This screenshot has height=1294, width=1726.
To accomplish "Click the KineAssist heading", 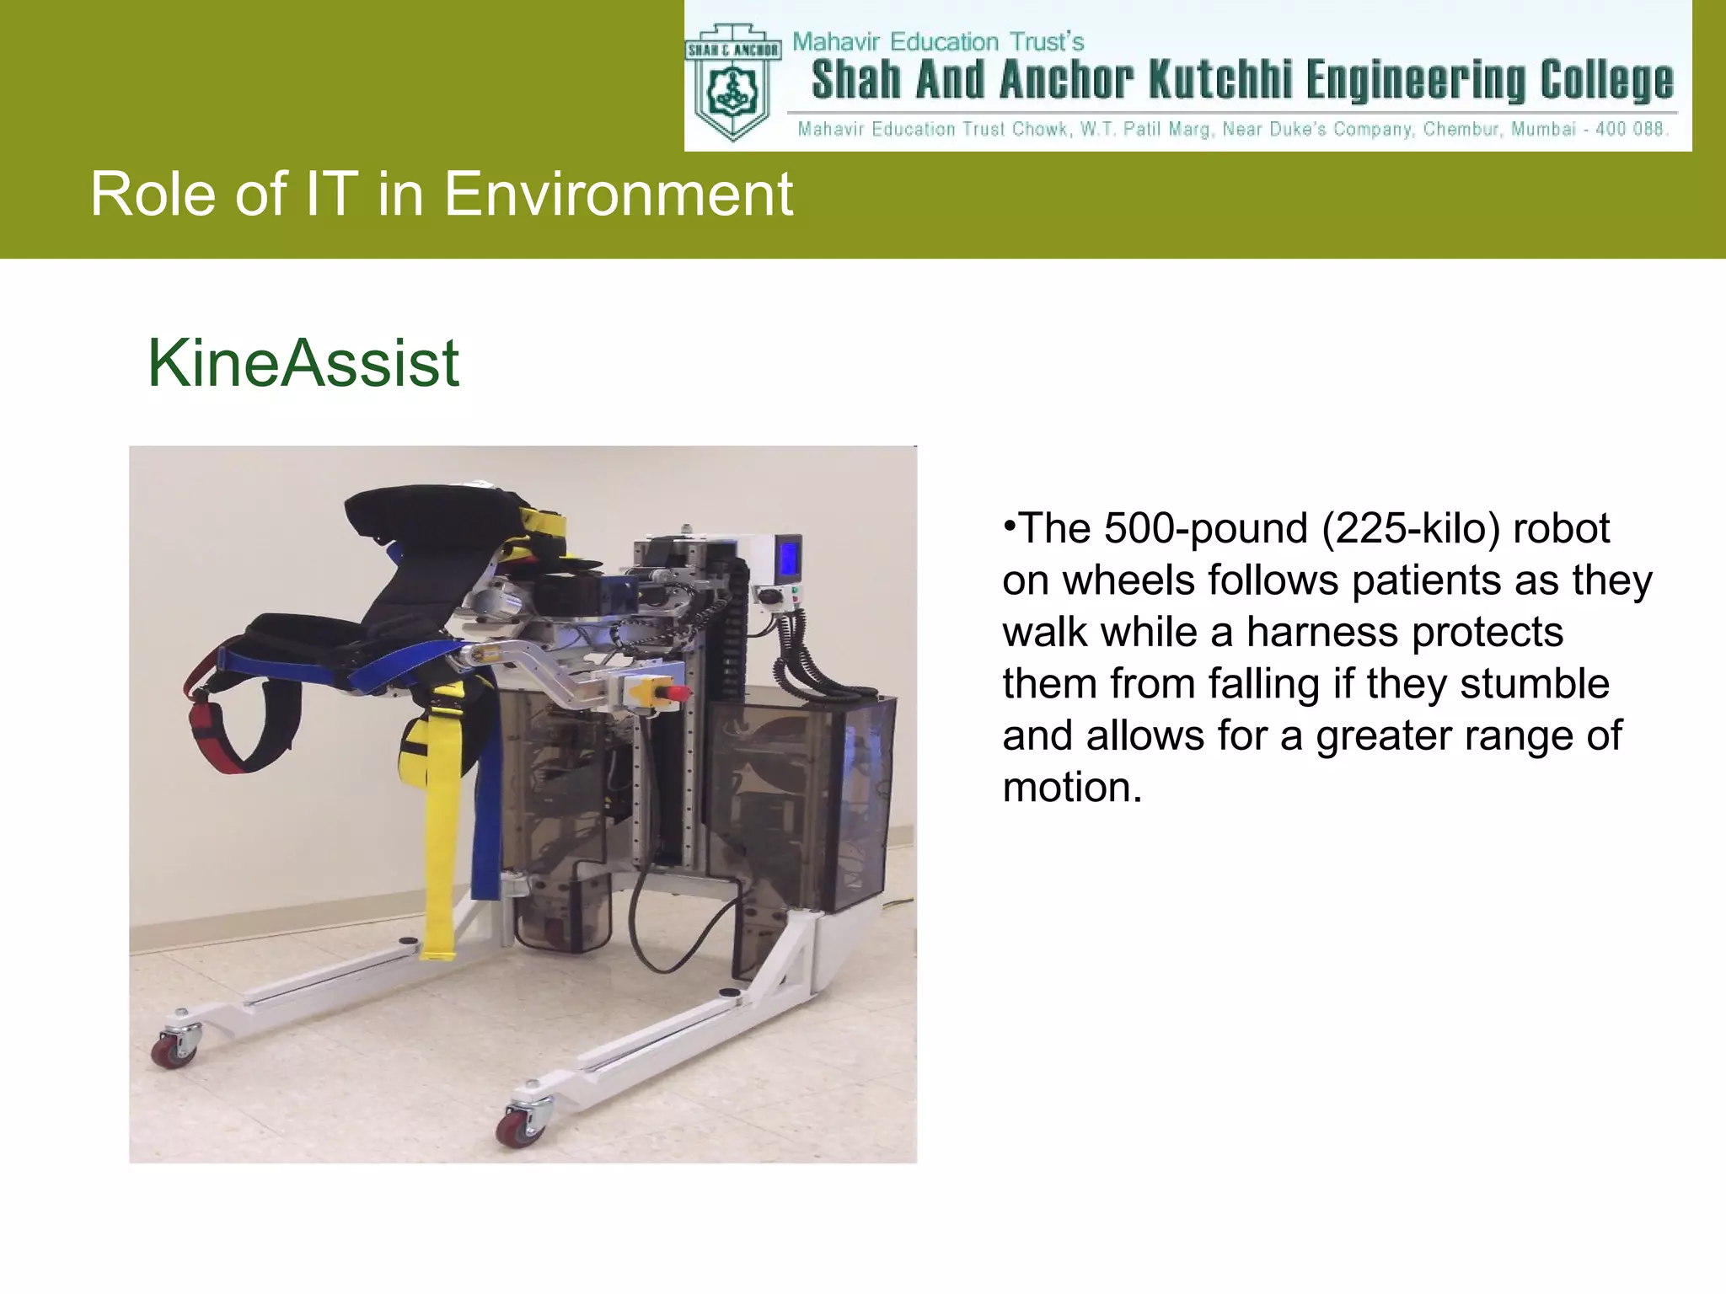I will coord(303,363).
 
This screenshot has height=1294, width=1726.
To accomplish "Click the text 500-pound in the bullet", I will coord(1207,529).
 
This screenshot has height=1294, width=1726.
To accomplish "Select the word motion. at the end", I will coord(1072,788).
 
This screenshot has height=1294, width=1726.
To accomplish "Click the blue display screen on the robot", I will coord(790,556).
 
